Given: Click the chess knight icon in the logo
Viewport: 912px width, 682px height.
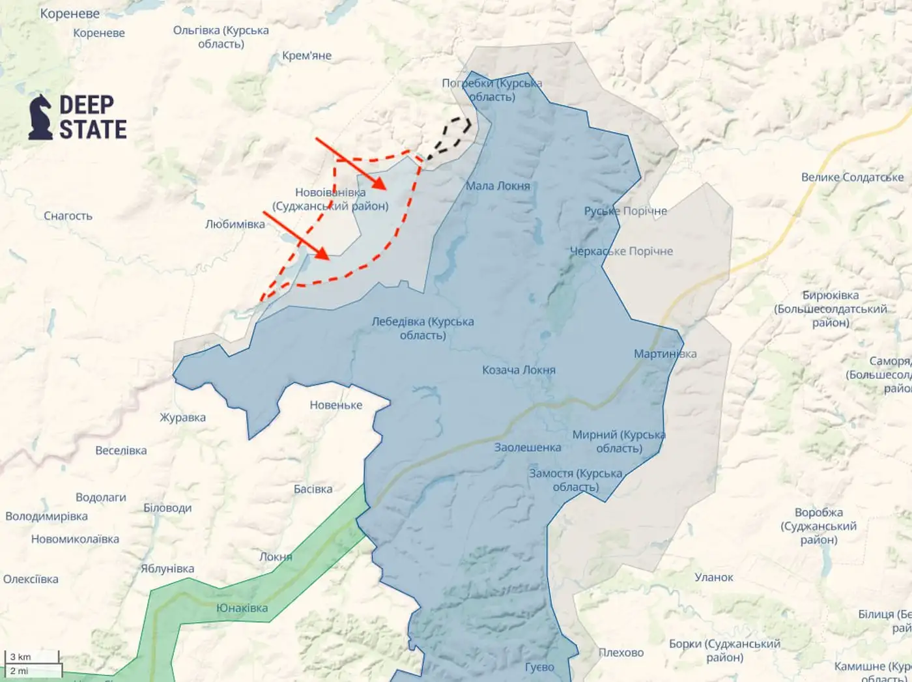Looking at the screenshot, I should point(40,117).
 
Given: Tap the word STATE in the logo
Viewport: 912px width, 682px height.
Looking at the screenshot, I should point(93,130).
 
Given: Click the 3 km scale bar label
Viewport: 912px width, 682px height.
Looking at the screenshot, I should point(20,657).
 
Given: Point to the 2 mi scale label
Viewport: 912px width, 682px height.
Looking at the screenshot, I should point(19,671).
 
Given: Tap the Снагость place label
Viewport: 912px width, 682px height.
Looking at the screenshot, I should point(68,216).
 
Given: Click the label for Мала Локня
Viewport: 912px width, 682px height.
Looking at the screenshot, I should point(498,186).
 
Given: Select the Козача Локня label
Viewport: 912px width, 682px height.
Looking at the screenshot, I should point(519,370).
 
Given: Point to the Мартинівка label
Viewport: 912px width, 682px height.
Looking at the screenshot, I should point(665,354).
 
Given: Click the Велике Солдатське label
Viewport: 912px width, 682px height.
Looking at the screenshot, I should point(852,177).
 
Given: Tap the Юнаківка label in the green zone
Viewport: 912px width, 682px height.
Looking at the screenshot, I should point(242,608).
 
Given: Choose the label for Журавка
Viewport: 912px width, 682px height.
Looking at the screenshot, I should point(182,418).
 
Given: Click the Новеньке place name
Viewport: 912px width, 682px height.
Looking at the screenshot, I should point(335,405).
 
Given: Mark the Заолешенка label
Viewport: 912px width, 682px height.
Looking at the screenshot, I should point(527,448).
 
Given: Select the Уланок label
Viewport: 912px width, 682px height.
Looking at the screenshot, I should point(713,577).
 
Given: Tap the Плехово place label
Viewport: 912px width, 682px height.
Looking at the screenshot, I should point(621,652).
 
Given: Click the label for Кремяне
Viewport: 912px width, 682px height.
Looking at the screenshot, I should point(307,56).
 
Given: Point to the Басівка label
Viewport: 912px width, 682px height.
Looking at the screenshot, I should point(313,489).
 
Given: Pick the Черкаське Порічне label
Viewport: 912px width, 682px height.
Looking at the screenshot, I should point(621,251).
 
